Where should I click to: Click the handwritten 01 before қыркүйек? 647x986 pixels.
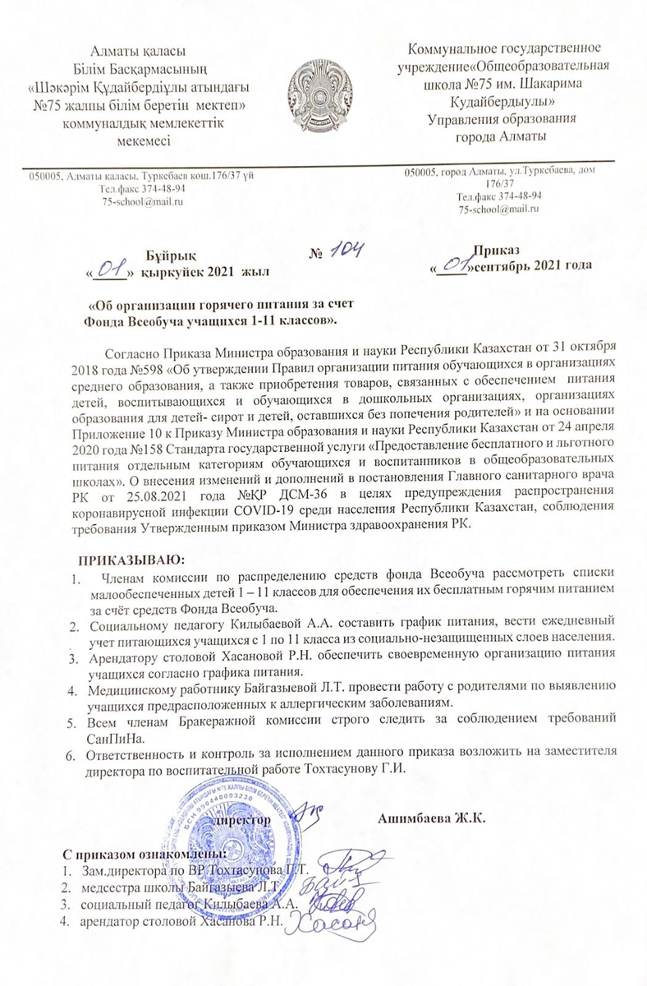coord(111,267)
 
